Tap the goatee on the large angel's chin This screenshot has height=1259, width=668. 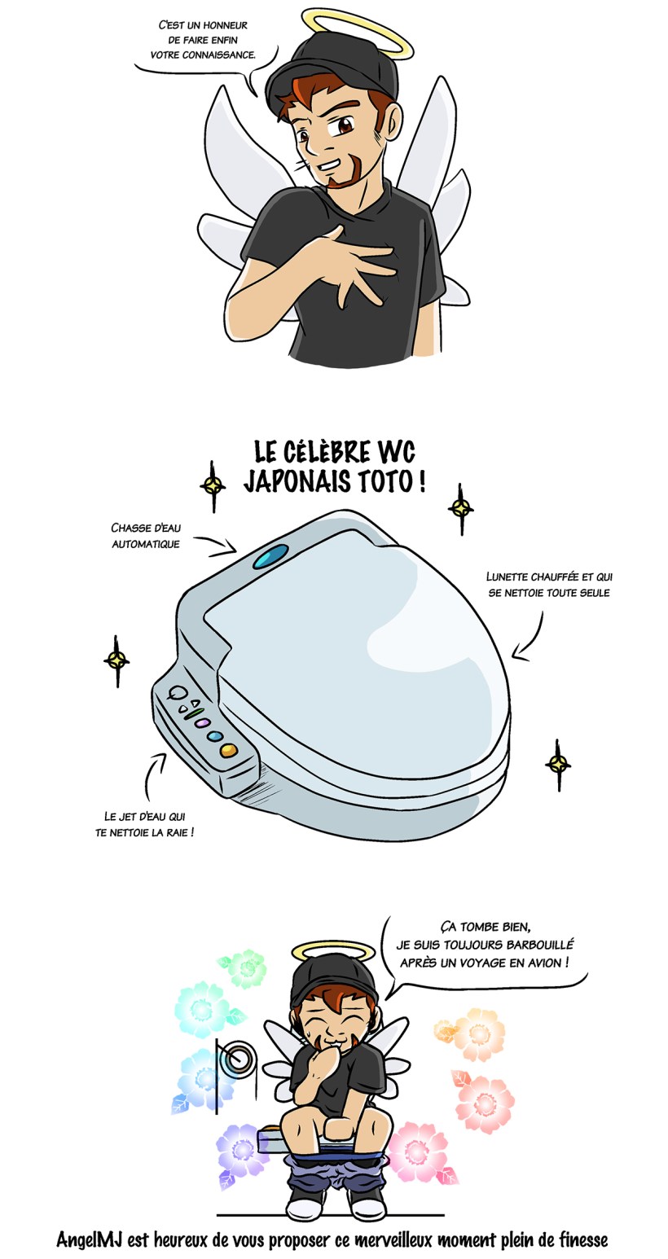(x=341, y=173)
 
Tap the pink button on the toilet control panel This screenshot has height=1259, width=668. (x=202, y=723)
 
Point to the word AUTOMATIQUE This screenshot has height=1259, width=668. (x=146, y=544)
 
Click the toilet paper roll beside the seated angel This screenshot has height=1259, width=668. (x=240, y=1058)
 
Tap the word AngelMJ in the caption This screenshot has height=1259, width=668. (x=90, y=1240)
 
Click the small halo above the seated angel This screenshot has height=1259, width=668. (x=333, y=950)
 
